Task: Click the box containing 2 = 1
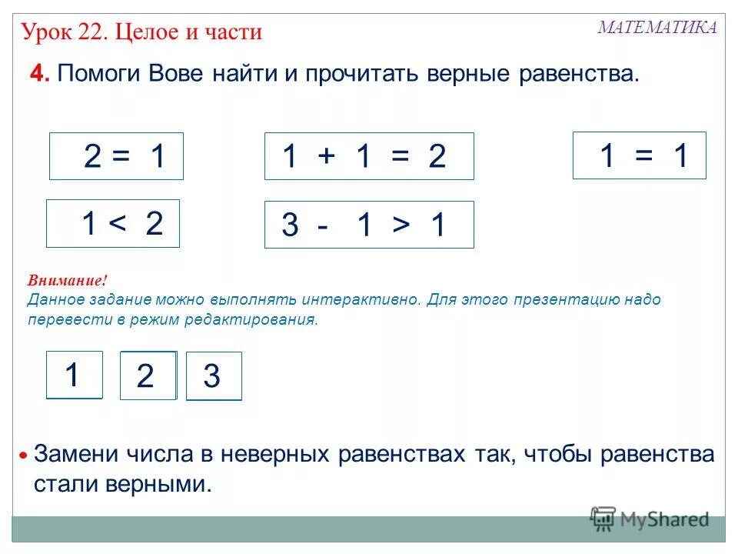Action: [117, 156]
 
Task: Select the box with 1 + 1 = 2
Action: [369, 156]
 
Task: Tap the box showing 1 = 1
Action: [639, 155]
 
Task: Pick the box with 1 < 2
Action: [113, 224]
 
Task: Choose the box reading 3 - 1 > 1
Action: [369, 225]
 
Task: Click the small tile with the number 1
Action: [74, 375]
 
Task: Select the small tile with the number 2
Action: [148, 376]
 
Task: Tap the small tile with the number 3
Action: [214, 376]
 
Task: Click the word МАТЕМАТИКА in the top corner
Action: [657, 28]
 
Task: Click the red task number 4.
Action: [39, 75]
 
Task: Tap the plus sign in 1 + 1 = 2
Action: [325, 157]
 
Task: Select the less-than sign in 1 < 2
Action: [117, 225]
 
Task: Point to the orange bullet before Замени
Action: [25, 456]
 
